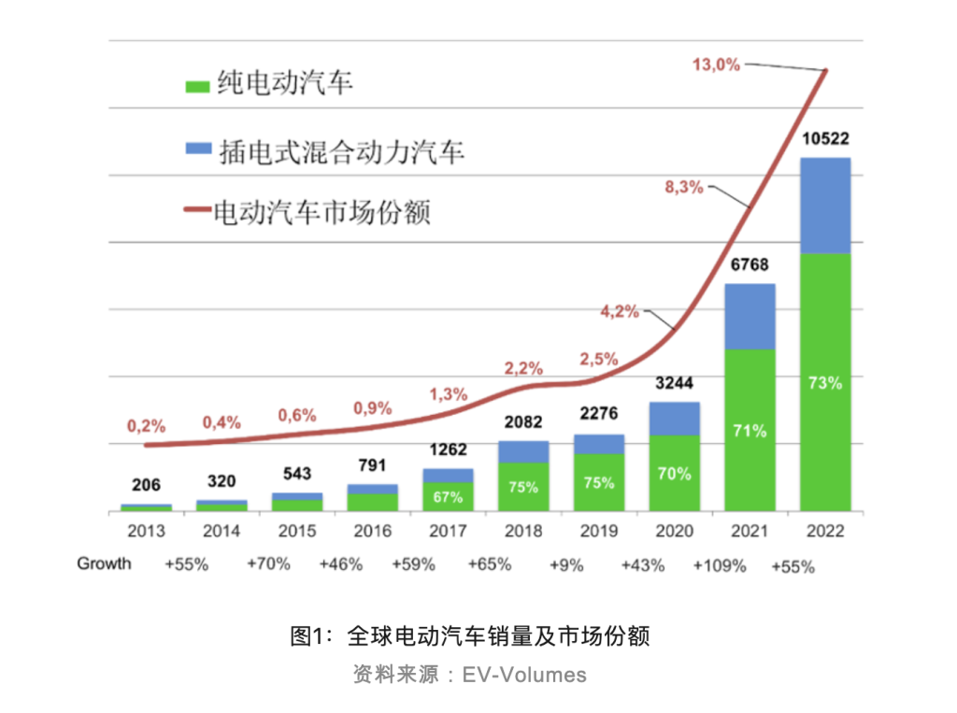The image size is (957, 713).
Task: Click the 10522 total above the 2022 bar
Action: coord(826,139)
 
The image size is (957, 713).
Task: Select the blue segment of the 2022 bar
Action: coord(825,206)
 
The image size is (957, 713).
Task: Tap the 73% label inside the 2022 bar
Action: coord(826,383)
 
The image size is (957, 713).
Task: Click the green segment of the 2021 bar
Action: coord(750,430)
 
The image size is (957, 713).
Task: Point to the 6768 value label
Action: coord(750,265)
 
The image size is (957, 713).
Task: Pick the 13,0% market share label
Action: coord(716,64)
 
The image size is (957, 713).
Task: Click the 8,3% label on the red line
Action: coord(683,186)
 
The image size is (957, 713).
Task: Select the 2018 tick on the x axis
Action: coord(523,532)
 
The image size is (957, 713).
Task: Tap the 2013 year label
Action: coord(146,532)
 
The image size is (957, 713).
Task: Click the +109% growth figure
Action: coord(720,564)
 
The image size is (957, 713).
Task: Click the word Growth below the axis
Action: coord(104,563)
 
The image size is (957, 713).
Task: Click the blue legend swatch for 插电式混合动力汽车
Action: coord(198,149)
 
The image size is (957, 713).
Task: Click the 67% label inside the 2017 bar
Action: coord(448,496)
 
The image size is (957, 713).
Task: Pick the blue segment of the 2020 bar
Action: coord(674,419)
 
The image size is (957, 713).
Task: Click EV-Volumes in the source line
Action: coord(524,675)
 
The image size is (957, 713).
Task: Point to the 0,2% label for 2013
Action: coord(147,426)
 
